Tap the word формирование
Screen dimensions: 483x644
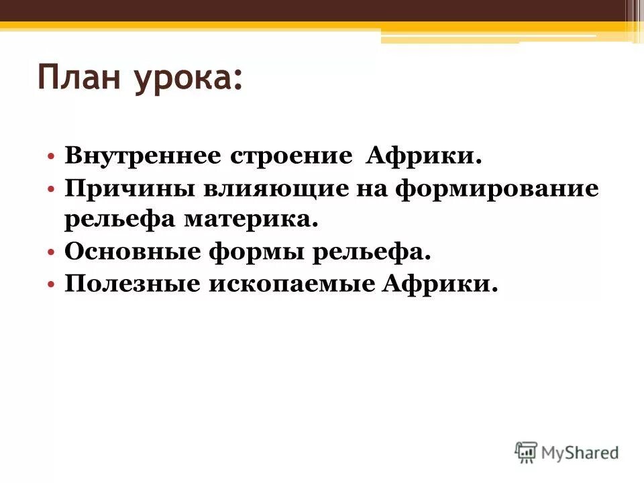coord(496,189)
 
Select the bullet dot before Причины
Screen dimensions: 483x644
coord(52,190)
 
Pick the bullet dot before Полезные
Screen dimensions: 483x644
coord(52,285)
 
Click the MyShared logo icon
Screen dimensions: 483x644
coord(527,452)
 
